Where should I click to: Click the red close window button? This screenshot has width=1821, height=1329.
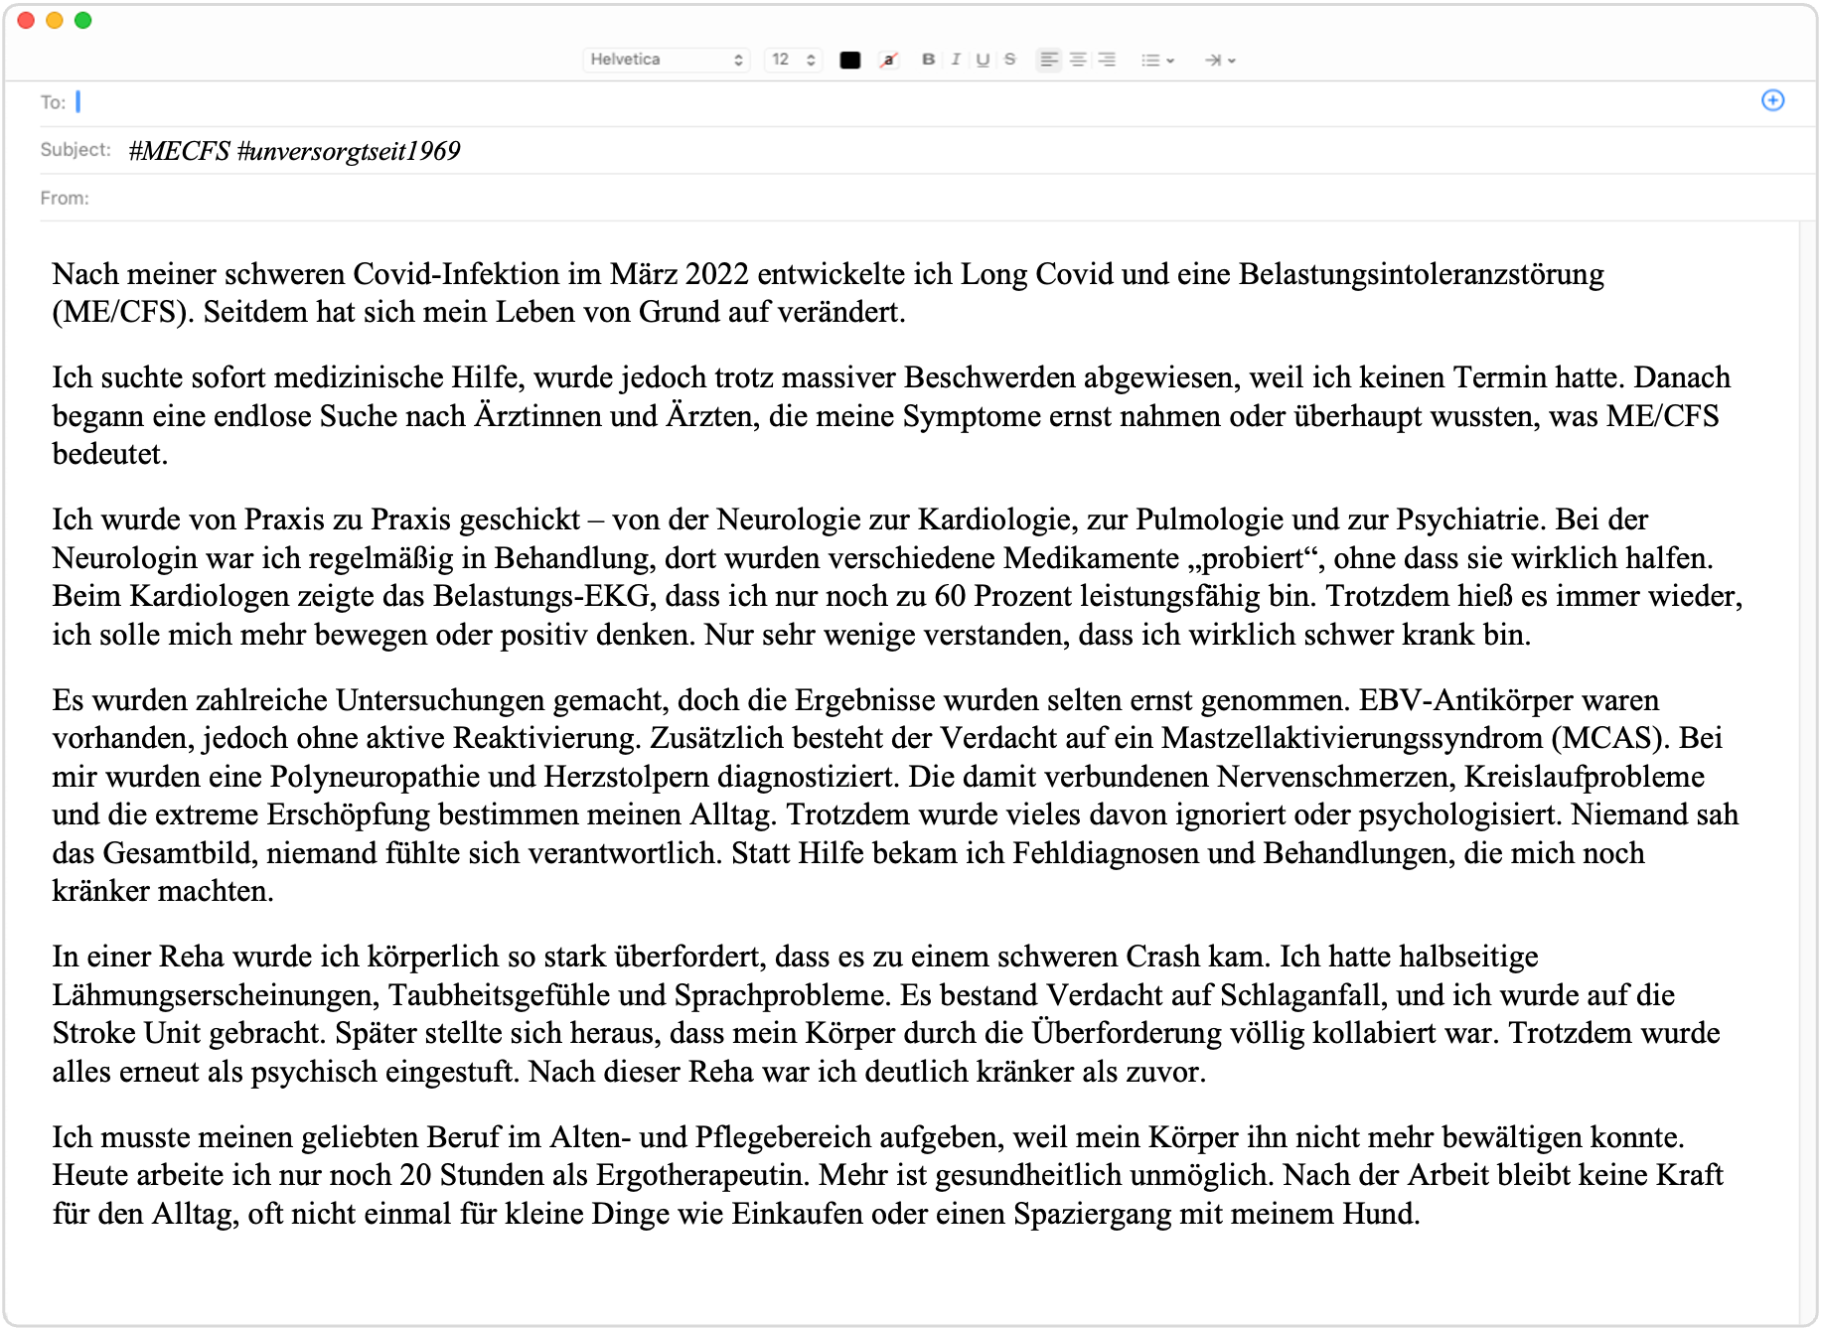pyautogui.click(x=27, y=21)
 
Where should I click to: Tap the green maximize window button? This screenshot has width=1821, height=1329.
pyautogui.click(x=83, y=21)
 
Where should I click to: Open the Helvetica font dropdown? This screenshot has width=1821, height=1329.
pyautogui.click(x=666, y=60)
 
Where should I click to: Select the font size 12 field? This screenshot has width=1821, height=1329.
pyautogui.click(x=793, y=60)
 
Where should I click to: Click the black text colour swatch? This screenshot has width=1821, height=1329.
pyautogui.click(x=849, y=61)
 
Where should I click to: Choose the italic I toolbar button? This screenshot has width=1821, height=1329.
pyautogui.click(x=956, y=60)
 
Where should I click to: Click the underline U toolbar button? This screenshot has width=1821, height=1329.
pyautogui.click(x=983, y=60)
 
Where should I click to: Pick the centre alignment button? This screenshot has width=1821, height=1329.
pyautogui.click(x=1078, y=60)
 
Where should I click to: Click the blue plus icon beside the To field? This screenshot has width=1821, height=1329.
pyautogui.click(x=1772, y=100)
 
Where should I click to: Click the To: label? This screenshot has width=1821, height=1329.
pyautogui.click(x=53, y=102)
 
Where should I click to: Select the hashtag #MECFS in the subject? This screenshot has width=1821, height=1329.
pyautogui.click(x=180, y=151)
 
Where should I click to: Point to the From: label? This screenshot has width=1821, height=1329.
pyautogui.click(x=65, y=199)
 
